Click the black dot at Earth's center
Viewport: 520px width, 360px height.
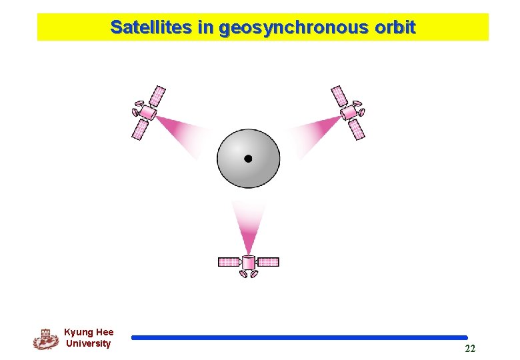(x=248, y=159)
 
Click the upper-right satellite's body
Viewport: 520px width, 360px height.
(x=348, y=111)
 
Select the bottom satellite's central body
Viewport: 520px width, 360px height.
(x=249, y=263)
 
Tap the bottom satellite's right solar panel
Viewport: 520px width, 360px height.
(x=268, y=262)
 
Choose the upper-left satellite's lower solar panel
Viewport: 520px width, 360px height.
(x=141, y=129)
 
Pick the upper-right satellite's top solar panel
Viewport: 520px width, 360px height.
(x=339, y=95)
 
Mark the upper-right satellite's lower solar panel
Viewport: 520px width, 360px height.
(x=357, y=129)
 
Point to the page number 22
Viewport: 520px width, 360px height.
(x=470, y=349)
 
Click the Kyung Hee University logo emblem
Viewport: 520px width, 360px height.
(x=46, y=339)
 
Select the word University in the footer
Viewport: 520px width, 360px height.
(x=89, y=344)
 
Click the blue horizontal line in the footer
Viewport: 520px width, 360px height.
(x=299, y=338)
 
